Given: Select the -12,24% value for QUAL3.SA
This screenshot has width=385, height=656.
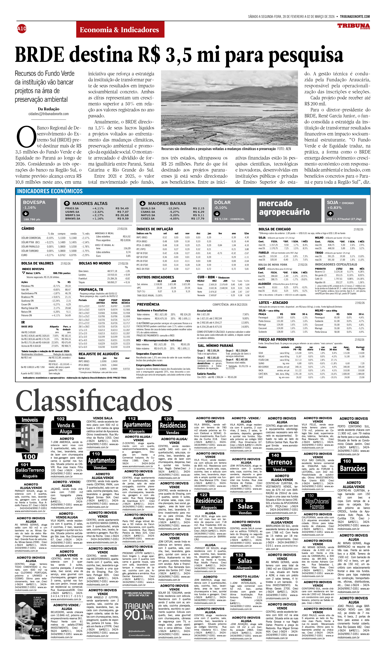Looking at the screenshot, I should coord(173,208).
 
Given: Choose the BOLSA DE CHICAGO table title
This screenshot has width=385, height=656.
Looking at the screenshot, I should coord(274,229).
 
